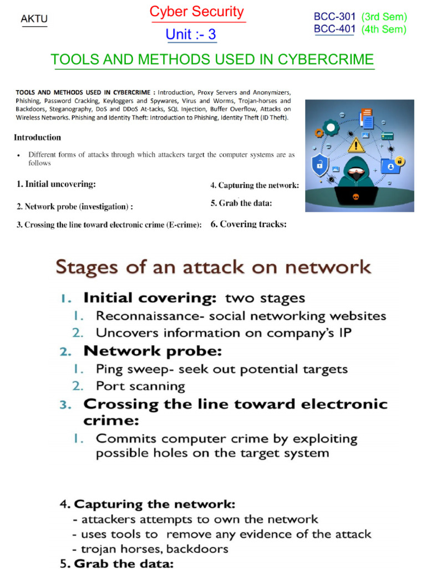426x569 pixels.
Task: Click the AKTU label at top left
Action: (x=34, y=19)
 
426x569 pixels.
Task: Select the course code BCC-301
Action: (x=334, y=17)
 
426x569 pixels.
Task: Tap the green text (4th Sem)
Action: (x=384, y=29)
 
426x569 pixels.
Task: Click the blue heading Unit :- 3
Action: (x=191, y=34)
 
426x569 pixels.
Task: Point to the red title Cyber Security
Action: (x=197, y=12)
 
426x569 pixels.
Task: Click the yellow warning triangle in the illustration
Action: (x=356, y=145)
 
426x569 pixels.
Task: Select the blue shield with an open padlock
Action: (x=320, y=164)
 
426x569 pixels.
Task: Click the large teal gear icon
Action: (x=331, y=128)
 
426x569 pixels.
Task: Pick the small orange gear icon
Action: (x=318, y=133)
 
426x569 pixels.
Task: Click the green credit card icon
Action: (x=388, y=136)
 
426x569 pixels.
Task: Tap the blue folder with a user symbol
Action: (x=390, y=166)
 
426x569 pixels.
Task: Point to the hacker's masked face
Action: (x=356, y=172)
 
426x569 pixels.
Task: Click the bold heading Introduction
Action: (x=38, y=137)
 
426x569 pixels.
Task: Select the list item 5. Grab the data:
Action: (x=241, y=203)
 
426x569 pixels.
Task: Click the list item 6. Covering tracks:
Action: (x=248, y=224)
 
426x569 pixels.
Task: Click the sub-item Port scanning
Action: (x=140, y=386)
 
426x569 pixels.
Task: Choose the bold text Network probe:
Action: (x=153, y=351)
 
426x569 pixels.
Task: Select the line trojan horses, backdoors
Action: (x=150, y=549)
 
